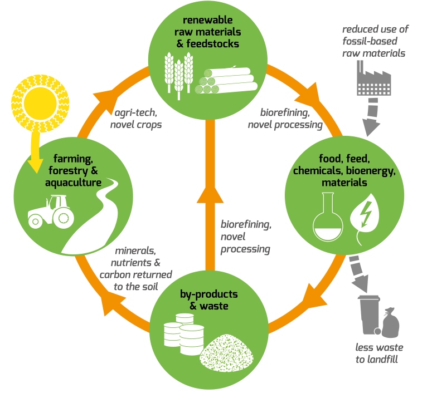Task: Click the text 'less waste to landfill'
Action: click(x=379, y=352)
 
